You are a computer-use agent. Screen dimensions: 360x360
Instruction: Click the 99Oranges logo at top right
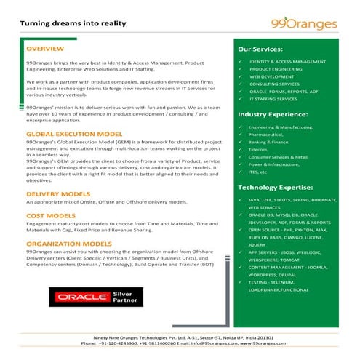(314, 24)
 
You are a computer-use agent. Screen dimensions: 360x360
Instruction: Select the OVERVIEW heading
(45, 49)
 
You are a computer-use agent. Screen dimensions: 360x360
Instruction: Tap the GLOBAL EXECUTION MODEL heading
(74, 135)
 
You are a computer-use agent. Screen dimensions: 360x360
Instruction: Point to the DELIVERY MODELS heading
(57, 194)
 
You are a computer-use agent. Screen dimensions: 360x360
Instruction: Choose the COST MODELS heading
(50, 216)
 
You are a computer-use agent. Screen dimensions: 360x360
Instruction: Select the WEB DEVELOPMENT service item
(271, 76)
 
